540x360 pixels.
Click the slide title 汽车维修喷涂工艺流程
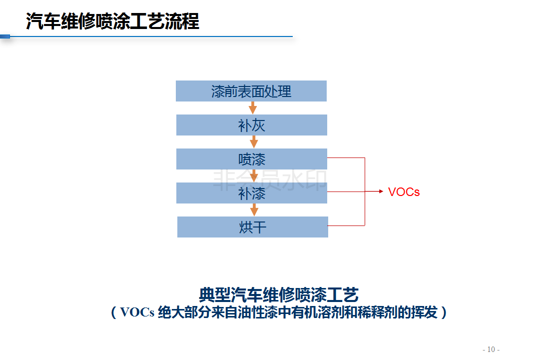[x=112, y=22]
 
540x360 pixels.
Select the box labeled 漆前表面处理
[x=251, y=91]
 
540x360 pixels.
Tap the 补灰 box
[x=252, y=125]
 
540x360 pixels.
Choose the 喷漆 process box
[x=252, y=159]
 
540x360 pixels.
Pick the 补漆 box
[x=252, y=193]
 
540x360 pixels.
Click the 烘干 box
[x=253, y=227]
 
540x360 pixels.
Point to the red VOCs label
[x=404, y=192]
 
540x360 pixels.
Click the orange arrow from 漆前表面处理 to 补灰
[x=253, y=107]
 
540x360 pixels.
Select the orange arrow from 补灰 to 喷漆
[x=253, y=141]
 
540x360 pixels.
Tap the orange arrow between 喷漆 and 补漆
[x=254, y=175]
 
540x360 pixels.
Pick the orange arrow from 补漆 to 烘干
[x=254, y=209]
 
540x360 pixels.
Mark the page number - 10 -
[x=491, y=349]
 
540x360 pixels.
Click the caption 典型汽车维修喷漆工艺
[x=279, y=294]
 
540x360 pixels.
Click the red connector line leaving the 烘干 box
[x=346, y=225]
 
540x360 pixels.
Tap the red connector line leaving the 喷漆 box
[x=346, y=158]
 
